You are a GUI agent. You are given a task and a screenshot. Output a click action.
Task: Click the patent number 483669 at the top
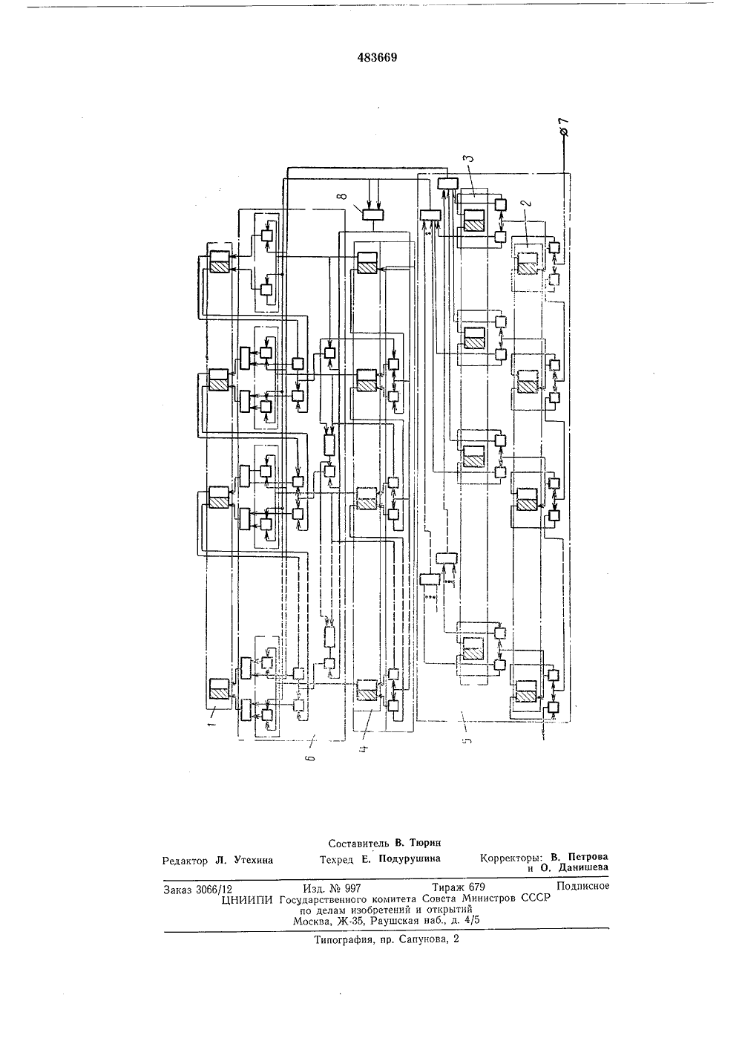pos(377,57)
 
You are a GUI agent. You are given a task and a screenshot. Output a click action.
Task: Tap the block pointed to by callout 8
pos(372,214)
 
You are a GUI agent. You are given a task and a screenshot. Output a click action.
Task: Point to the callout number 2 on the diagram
pos(528,204)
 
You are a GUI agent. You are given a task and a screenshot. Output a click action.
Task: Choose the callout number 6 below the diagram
pos(313,756)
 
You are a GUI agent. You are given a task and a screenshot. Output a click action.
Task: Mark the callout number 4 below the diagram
pos(365,748)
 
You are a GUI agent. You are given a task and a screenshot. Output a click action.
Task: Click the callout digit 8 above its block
pos(344,195)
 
